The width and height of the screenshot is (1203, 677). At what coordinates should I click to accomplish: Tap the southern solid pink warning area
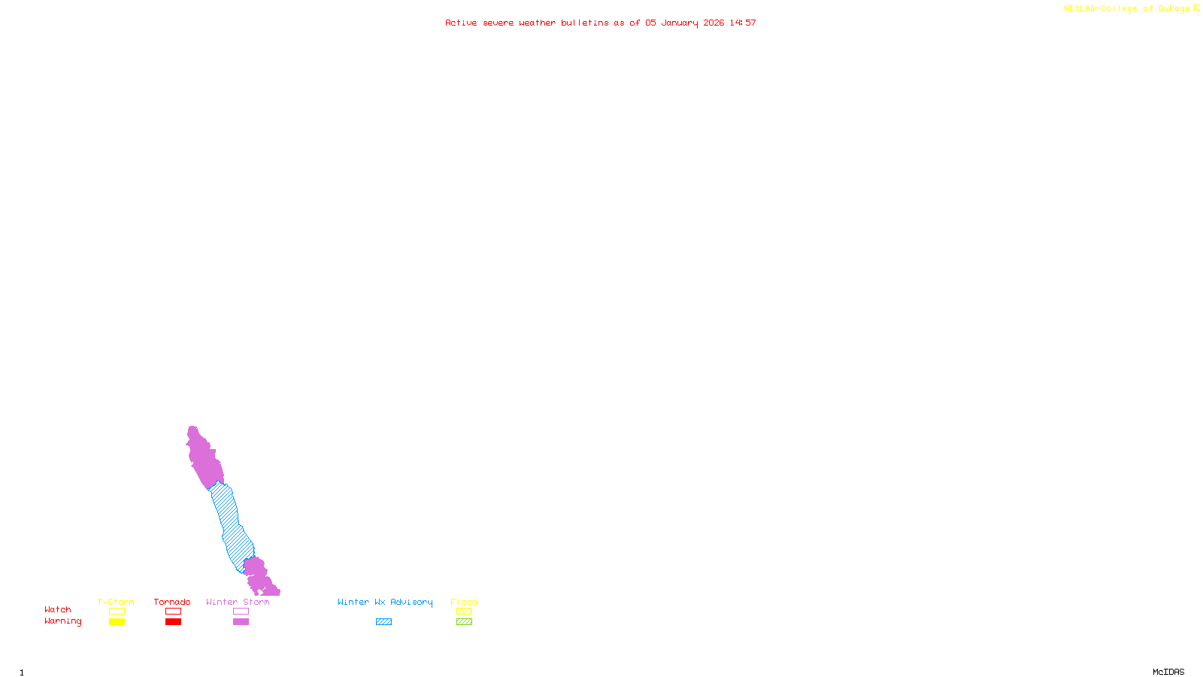point(258,575)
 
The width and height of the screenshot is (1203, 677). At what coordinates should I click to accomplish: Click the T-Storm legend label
point(116,602)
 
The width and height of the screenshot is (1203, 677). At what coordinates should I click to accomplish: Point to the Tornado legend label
point(172,602)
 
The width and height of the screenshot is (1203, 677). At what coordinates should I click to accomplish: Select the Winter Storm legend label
point(238,602)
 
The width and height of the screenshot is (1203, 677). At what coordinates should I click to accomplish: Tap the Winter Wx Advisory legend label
point(385,602)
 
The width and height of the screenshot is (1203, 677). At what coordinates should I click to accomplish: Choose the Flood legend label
point(464,602)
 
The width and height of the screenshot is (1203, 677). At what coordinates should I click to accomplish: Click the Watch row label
point(58,609)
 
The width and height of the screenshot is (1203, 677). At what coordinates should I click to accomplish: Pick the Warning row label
point(63,621)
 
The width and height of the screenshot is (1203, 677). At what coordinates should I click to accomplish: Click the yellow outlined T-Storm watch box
point(117,612)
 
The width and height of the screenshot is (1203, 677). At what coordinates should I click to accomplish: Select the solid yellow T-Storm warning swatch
point(117,622)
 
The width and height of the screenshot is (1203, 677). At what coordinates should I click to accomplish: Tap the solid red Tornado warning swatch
point(174,622)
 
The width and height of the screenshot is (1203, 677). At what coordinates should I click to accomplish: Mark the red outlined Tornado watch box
point(174,612)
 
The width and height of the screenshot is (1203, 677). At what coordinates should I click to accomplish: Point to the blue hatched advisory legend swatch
point(383,622)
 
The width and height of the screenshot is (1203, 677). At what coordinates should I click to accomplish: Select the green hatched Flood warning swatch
point(465,622)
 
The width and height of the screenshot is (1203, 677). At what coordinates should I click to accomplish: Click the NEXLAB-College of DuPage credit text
point(1127,9)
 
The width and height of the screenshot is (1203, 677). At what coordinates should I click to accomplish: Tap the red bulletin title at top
point(601,23)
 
